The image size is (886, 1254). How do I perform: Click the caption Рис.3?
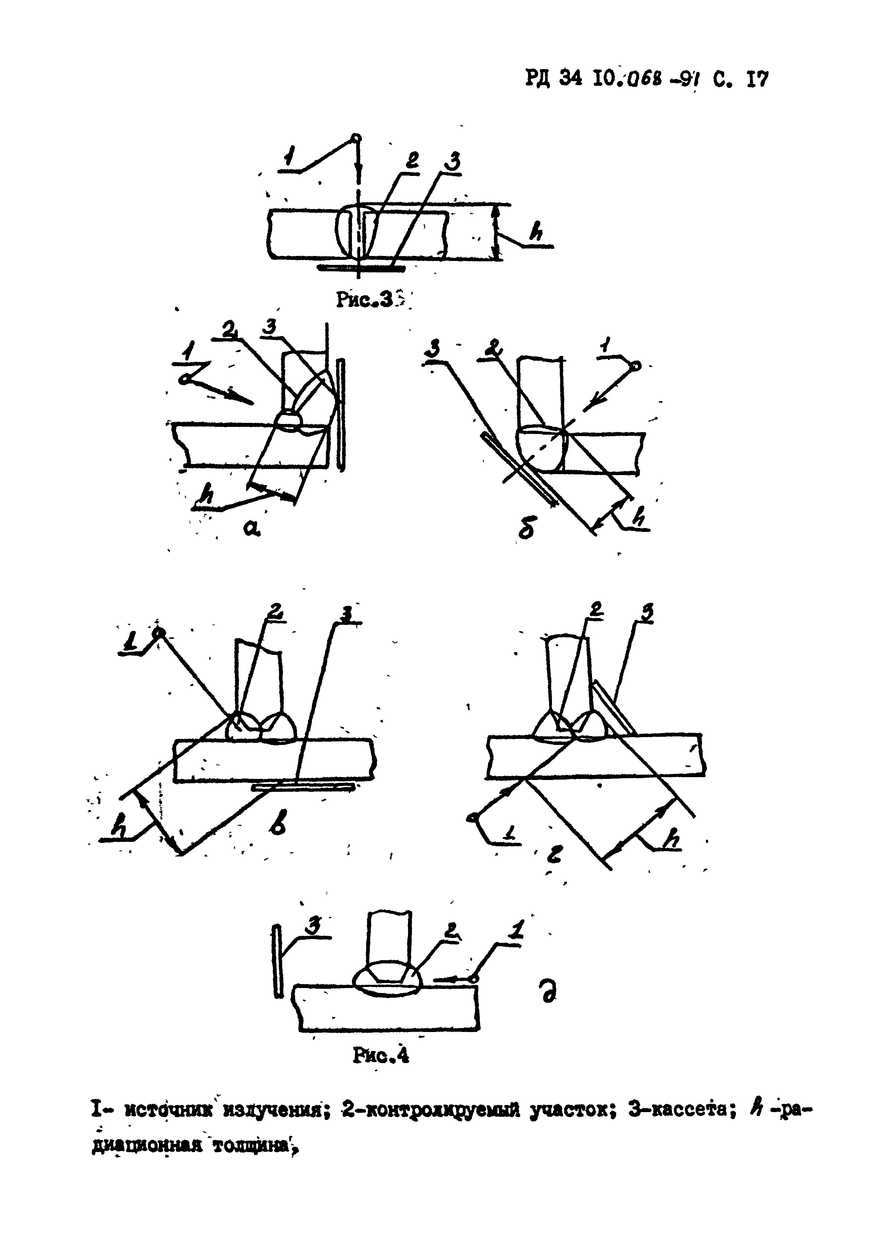[365, 299]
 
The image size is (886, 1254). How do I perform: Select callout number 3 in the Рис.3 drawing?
[452, 162]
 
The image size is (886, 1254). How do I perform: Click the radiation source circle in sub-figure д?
[473, 979]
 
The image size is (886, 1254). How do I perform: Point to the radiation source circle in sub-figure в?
[159, 632]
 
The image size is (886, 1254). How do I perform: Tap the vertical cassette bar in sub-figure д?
[278, 961]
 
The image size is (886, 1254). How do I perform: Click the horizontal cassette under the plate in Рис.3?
[360, 268]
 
